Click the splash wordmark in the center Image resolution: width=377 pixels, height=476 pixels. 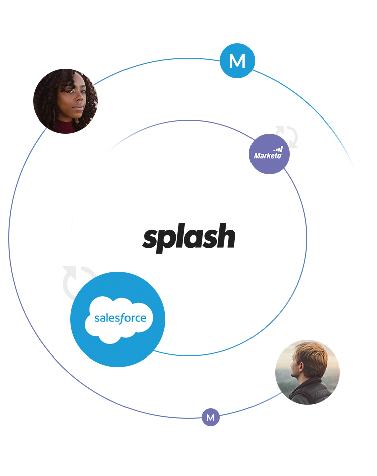coord(189,237)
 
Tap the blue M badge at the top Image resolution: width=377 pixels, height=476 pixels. coord(237,61)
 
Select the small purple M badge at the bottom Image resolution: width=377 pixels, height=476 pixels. coord(211,418)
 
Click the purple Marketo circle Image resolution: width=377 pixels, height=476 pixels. coord(269,154)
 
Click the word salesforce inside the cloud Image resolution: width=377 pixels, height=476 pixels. coord(120,318)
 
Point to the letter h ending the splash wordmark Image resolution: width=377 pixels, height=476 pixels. coord(226,236)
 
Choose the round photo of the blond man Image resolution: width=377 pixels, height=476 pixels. coord(307,372)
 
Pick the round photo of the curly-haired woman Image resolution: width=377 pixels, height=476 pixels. coord(65,100)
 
